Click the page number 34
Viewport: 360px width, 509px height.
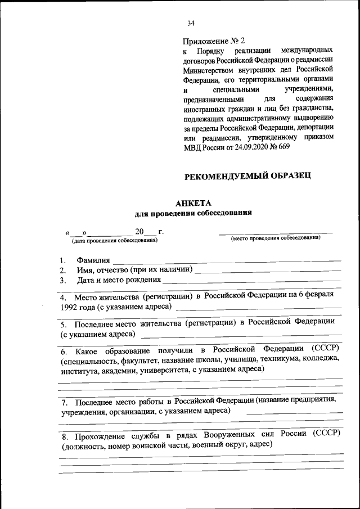coord(191,23)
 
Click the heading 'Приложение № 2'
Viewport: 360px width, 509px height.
coord(214,41)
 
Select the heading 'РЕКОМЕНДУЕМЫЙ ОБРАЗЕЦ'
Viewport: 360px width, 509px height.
coord(248,177)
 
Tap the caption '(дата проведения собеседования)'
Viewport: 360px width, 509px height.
coord(114,240)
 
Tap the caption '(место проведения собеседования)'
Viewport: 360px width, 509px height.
coord(276,238)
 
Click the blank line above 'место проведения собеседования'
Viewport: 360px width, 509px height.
coord(276,232)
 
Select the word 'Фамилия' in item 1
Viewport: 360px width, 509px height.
coord(93,261)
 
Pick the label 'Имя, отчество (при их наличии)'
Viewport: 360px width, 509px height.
coord(134,270)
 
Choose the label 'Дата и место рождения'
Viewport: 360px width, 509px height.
coord(119,280)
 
